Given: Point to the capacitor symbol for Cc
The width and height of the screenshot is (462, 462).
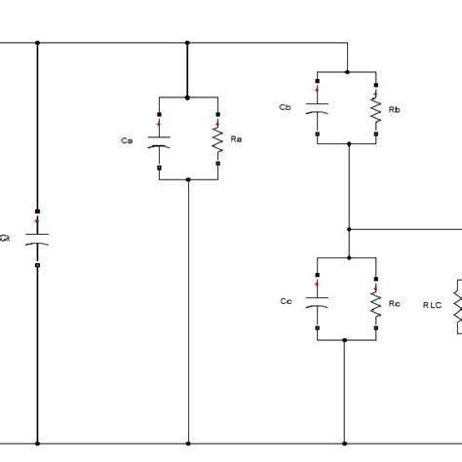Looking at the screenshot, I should (316, 301).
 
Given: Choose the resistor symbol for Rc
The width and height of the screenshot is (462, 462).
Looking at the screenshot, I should (375, 303).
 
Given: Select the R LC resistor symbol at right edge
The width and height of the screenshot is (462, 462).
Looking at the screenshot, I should (456, 305).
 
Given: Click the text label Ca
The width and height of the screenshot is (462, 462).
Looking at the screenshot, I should (127, 141).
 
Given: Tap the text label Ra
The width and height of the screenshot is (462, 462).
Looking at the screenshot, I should (235, 140).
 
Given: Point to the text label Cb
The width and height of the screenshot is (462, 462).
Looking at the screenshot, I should (285, 107).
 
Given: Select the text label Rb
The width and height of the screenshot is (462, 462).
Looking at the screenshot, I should (394, 109).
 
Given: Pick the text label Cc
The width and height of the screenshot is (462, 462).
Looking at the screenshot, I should (285, 301).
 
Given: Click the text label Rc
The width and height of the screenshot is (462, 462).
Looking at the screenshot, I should (394, 303).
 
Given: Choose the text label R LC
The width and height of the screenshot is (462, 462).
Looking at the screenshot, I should (433, 305).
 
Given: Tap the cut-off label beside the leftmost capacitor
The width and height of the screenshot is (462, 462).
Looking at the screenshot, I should (6, 237).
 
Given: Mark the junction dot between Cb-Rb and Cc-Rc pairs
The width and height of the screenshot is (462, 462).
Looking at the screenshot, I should (346, 229).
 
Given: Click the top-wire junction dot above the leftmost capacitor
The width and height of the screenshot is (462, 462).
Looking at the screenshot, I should (37, 43).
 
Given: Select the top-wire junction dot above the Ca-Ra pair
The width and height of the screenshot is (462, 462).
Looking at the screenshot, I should (188, 43).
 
